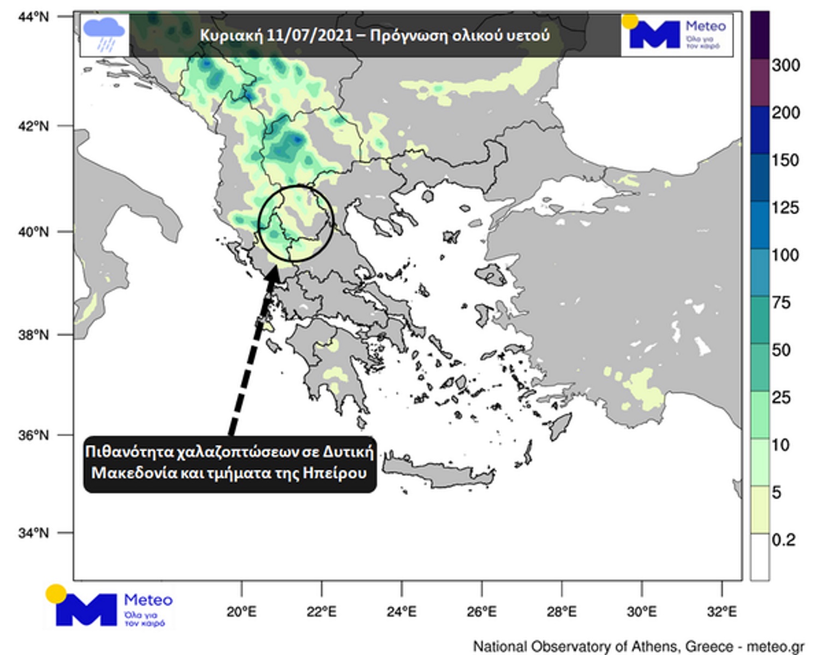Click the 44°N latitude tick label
tap(33, 17)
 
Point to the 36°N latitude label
tap(33, 435)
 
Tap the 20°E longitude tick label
tap(241, 611)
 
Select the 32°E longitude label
tap(721, 611)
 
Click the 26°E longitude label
tap(481, 611)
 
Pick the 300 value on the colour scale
tap(786, 65)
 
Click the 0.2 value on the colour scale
tap(784, 540)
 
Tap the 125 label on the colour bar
tap(785, 208)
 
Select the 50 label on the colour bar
tap(782, 350)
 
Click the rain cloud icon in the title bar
tap(104, 34)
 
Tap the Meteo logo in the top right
tap(677, 35)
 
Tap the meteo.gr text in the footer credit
tap(775, 646)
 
